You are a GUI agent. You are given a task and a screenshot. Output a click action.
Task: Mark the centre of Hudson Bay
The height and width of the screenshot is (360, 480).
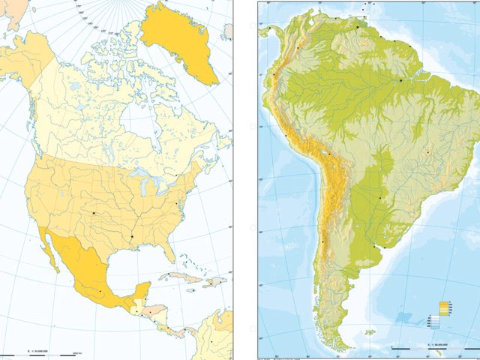(x=135, y=124)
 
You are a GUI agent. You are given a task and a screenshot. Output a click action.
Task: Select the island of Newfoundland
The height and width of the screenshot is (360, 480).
(x=223, y=142)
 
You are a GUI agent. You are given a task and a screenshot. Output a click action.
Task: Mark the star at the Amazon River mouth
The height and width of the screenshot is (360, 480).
(x=401, y=79)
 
